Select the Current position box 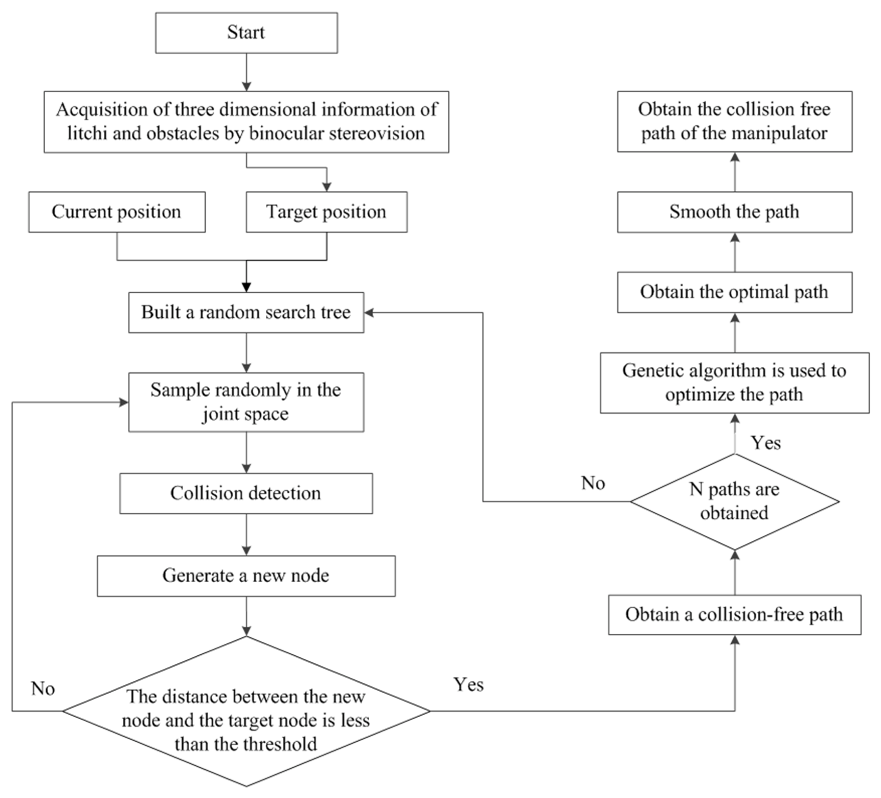[x=117, y=212]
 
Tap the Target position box [x=326, y=212]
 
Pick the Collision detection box [x=246, y=493]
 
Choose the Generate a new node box [x=246, y=576]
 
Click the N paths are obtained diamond [x=734, y=501]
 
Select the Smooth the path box [x=734, y=212]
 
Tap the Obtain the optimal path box [x=734, y=292]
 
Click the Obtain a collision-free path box [x=734, y=614]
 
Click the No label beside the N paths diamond [x=593, y=483]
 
